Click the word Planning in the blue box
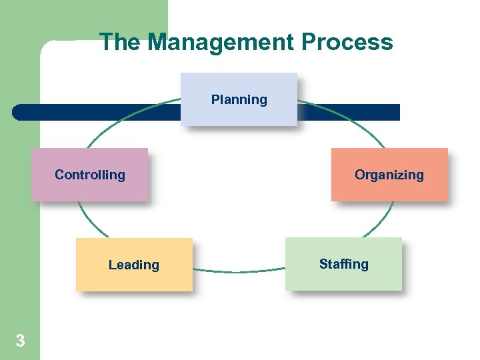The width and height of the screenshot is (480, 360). [x=239, y=99]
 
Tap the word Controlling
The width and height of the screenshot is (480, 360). [x=90, y=175]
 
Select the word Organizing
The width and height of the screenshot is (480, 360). [x=389, y=175]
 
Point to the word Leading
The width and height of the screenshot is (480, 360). [x=133, y=265]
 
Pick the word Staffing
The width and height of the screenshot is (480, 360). [x=343, y=264]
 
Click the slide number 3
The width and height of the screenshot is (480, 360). [x=20, y=341]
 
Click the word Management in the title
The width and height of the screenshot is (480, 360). [x=221, y=42]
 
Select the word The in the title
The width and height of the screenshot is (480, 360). [x=120, y=42]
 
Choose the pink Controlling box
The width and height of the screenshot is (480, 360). [x=89, y=190]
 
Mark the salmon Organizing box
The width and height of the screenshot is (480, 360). [x=389, y=190]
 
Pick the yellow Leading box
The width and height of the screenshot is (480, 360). [x=133, y=280]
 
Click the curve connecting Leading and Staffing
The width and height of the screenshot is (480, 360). [x=239, y=271]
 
